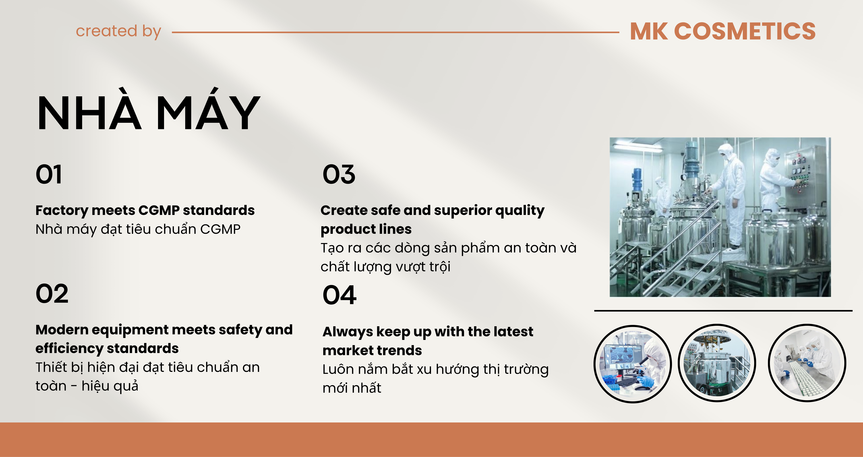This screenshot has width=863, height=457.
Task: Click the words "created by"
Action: pos(119,31)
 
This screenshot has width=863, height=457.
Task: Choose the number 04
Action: pos(339,295)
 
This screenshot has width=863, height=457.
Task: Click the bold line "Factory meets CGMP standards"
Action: pos(145,210)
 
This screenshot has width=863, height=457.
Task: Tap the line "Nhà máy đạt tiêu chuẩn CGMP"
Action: pos(138,229)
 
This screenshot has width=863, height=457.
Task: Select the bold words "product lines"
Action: pos(366,229)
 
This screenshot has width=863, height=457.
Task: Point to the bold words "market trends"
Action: pos(372,350)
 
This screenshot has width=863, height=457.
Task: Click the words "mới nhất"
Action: pos(352,388)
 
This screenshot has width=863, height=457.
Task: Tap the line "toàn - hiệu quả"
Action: pos(87,386)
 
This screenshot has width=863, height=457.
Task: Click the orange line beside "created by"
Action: pos(395,32)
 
